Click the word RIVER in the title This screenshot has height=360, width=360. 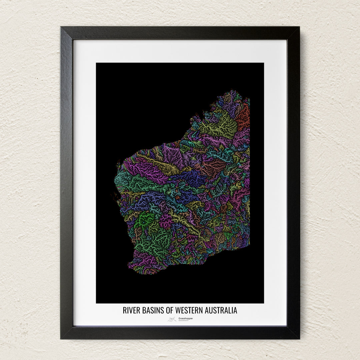point(131,310)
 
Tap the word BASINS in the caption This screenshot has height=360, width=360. point(153,310)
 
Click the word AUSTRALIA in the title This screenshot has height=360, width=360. point(222,310)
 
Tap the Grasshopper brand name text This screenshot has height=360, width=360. point(185,318)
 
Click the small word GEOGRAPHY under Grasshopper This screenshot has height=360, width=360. point(183,321)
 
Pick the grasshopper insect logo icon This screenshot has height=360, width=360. point(172,319)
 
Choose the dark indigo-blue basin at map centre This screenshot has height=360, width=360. point(193,178)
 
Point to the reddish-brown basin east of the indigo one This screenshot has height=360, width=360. point(213,167)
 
